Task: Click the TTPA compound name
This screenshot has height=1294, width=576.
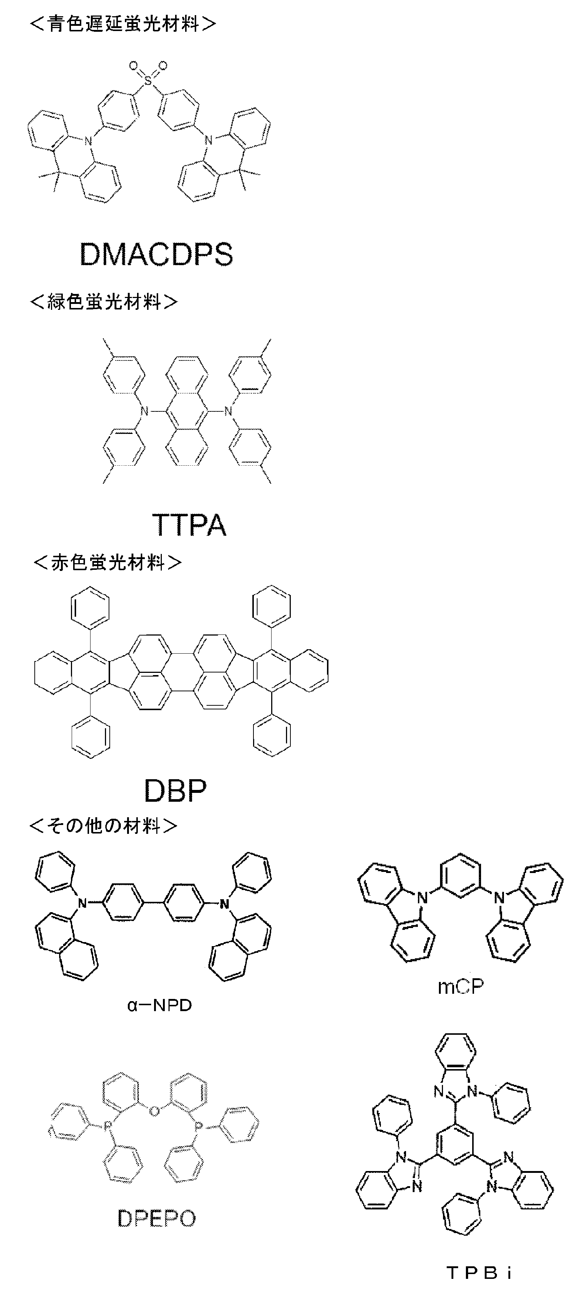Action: click(x=189, y=525)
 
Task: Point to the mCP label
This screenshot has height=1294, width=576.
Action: click(x=460, y=987)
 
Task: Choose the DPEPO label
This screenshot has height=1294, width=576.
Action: click(x=156, y=1218)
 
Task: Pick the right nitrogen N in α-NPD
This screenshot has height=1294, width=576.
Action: click(x=225, y=904)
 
